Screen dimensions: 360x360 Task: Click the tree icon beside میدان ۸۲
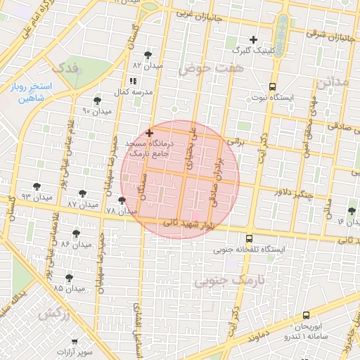[147, 54]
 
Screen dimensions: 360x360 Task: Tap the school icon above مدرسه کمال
[134, 82]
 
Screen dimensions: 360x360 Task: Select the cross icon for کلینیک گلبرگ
[254, 39]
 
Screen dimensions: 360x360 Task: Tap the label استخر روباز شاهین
[29, 94]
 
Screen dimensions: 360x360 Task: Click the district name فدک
[67, 68]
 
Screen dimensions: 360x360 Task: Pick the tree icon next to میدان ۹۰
[97, 101]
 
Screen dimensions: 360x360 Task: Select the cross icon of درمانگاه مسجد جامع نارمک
[149, 133]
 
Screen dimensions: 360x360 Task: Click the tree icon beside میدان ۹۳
[37, 187]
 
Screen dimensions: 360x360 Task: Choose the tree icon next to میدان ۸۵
[69, 278]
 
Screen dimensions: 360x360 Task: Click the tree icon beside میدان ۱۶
[352, 211]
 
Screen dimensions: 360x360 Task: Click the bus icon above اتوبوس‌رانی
[305, 316]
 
